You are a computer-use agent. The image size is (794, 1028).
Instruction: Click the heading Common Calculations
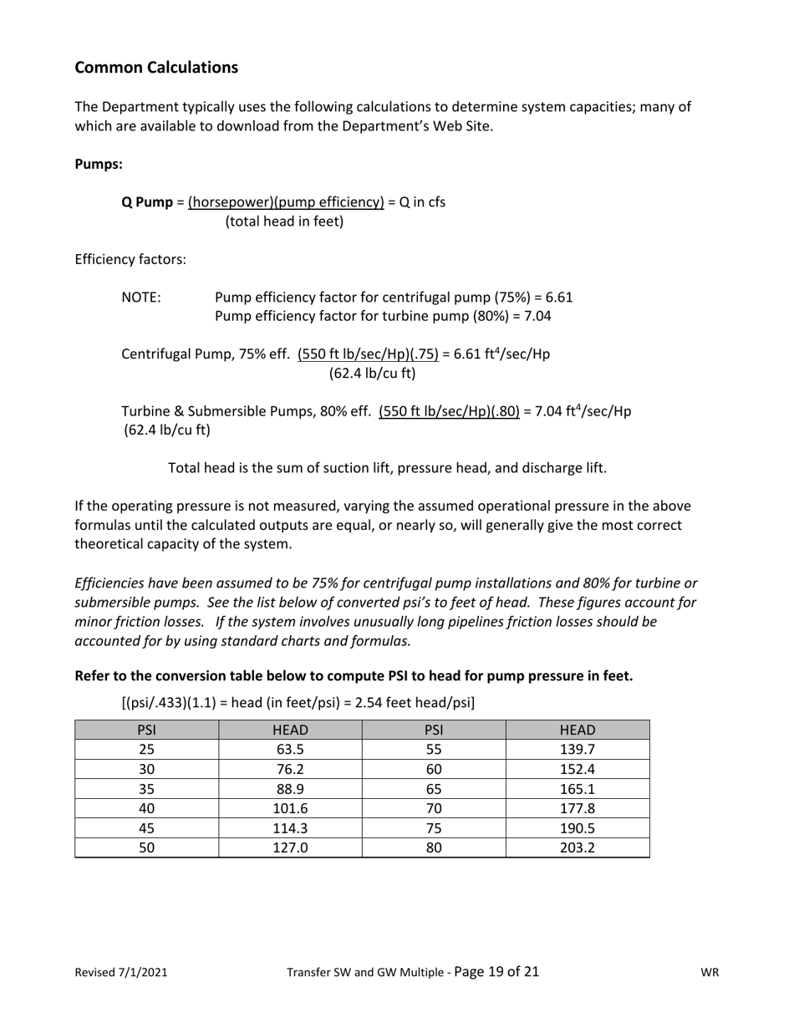pyautogui.click(x=156, y=68)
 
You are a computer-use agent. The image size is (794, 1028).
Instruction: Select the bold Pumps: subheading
pyautogui.click(x=99, y=165)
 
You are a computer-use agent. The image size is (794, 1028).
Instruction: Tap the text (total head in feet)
pyautogui.click(x=284, y=222)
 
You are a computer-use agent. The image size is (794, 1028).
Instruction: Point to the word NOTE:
pyautogui.click(x=141, y=298)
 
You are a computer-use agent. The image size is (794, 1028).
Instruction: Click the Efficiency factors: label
pyautogui.click(x=130, y=260)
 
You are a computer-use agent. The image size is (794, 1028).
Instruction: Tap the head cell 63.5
pyautogui.click(x=290, y=749)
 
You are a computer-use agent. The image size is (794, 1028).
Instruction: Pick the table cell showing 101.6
pyautogui.click(x=290, y=808)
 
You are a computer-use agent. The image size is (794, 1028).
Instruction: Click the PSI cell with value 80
pyautogui.click(x=434, y=847)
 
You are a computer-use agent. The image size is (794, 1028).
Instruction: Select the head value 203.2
pyautogui.click(x=577, y=847)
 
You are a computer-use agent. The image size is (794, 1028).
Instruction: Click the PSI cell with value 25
pyautogui.click(x=146, y=749)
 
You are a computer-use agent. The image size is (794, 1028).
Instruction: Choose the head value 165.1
pyautogui.click(x=577, y=788)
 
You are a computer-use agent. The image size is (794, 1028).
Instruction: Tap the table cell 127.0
pyautogui.click(x=290, y=847)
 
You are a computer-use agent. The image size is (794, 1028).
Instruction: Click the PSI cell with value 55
pyautogui.click(x=434, y=749)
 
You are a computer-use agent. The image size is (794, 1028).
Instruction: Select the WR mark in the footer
pyautogui.click(x=710, y=972)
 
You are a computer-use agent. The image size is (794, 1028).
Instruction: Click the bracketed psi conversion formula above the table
pyautogui.click(x=298, y=703)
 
